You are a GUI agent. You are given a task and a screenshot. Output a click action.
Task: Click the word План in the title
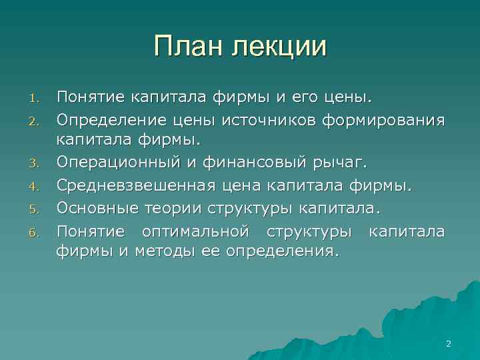pos(189,47)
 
